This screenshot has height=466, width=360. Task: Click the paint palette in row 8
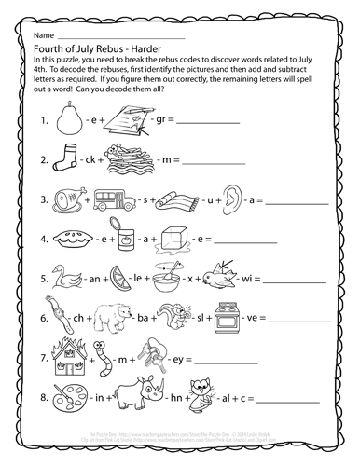63,403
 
